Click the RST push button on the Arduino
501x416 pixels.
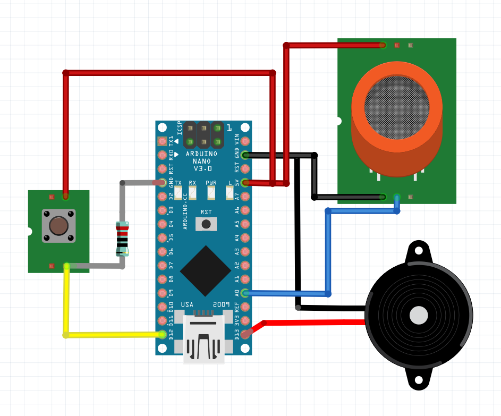click(206, 224)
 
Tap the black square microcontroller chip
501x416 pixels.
click(206, 270)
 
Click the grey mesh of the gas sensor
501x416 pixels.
click(396, 104)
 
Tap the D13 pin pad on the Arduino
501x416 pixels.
click(245, 334)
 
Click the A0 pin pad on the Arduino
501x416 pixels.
click(245, 293)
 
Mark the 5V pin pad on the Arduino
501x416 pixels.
click(245, 183)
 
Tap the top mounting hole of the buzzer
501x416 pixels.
click(418, 251)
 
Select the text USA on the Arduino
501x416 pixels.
click(188, 304)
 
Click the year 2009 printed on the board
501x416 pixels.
click(221, 304)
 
